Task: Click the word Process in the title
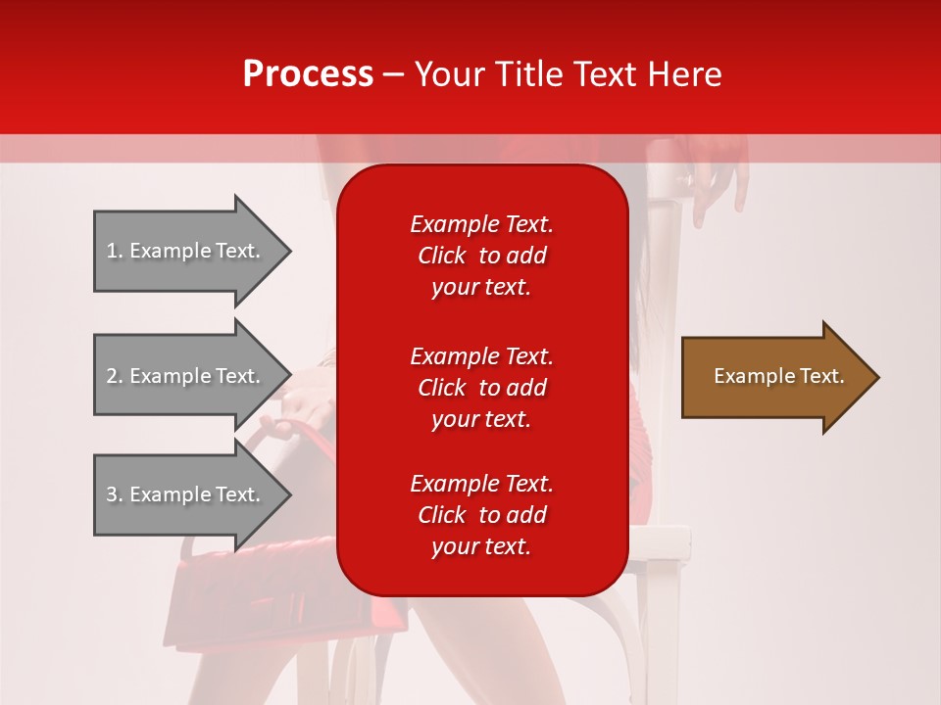point(308,74)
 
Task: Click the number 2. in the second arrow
point(115,376)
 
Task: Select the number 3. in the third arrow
point(115,494)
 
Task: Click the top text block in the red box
point(481,256)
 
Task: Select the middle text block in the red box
point(481,388)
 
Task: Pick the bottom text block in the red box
point(481,515)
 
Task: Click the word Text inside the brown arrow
point(821,376)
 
